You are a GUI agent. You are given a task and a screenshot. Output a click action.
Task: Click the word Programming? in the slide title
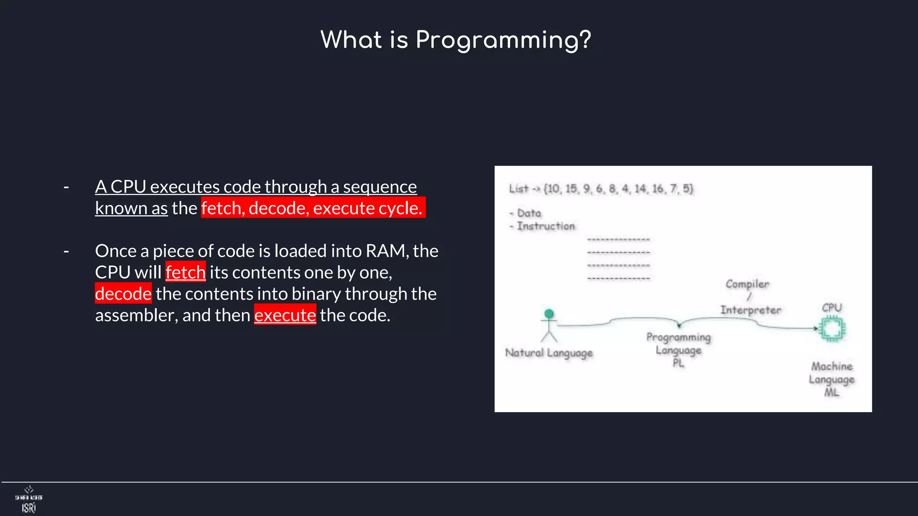pyautogui.click(x=503, y=40)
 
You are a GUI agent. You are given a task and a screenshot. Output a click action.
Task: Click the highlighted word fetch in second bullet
pyautogui.click(x=185, y=272)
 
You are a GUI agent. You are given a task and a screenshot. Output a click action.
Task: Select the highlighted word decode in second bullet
pyautogui.click(x=123, y=294)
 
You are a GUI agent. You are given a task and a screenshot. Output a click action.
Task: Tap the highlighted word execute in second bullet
pyautogui.click(x=285, y=315)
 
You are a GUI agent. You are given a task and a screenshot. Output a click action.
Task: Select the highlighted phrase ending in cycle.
pyautogui.click(x=312, y=208)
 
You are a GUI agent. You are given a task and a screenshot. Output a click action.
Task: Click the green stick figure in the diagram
pyautogui.click(x=549, y=325)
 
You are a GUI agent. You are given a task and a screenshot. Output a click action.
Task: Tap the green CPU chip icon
pyautogui.click(x=832, y=329)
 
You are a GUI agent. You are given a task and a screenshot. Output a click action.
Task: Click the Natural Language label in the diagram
pyautogui.click(x=549, y=353)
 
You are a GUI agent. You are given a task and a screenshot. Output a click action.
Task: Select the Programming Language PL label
pyautogui.click(x=678, y=350)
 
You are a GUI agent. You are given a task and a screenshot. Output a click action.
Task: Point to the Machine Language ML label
pyautogui.click(x=831, y=379)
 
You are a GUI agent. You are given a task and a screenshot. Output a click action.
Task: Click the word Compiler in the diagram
pyautogui.click(x=747, y=284)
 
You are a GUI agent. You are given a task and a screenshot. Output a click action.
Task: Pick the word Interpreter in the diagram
pyautogui.click(x=750, y=310)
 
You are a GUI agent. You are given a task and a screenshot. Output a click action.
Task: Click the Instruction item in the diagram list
pyautogui.click(x=546, y=226)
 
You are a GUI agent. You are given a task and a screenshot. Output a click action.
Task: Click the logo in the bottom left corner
pyautogui.click(x=29, y=499)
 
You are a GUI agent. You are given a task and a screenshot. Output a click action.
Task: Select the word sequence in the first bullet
pyautogui.click(x=380, y=187)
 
